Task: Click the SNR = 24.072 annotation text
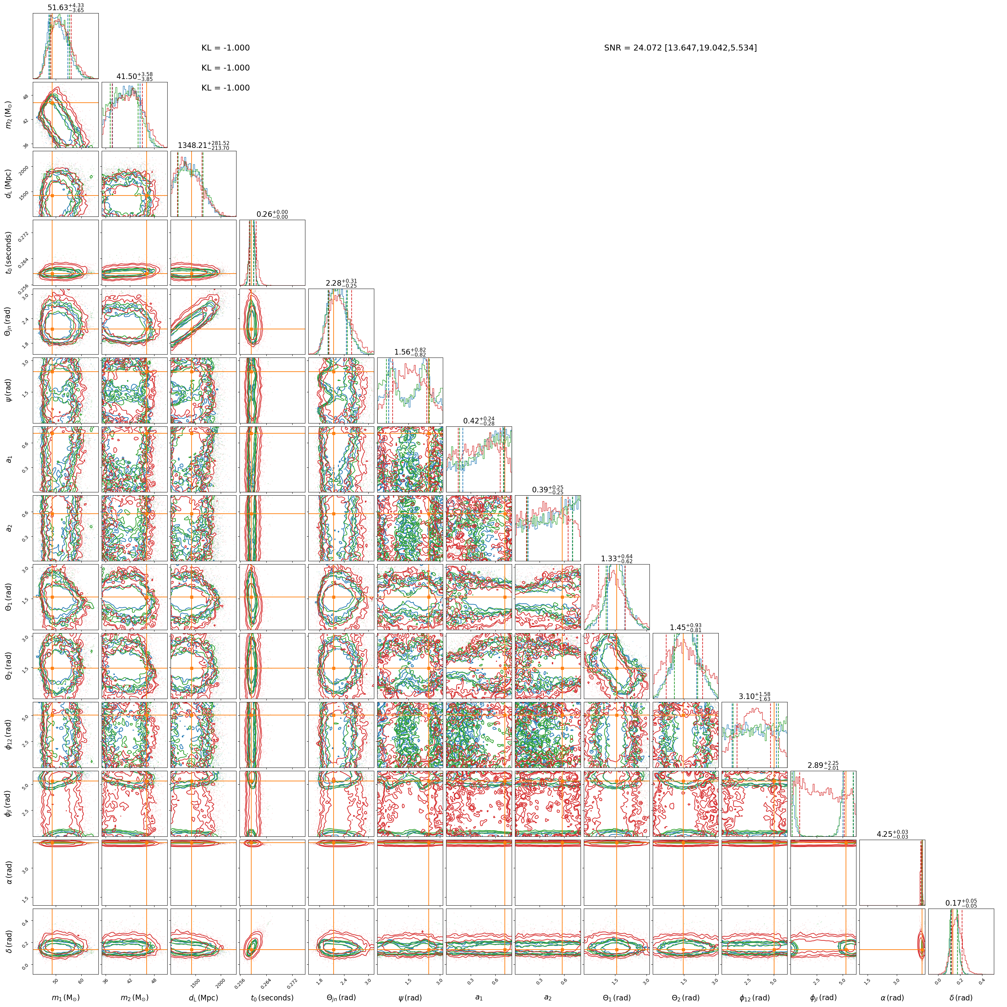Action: [680, 48]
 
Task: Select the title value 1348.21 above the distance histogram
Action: [203, 145]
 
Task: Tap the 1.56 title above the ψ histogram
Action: [410, 352]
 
